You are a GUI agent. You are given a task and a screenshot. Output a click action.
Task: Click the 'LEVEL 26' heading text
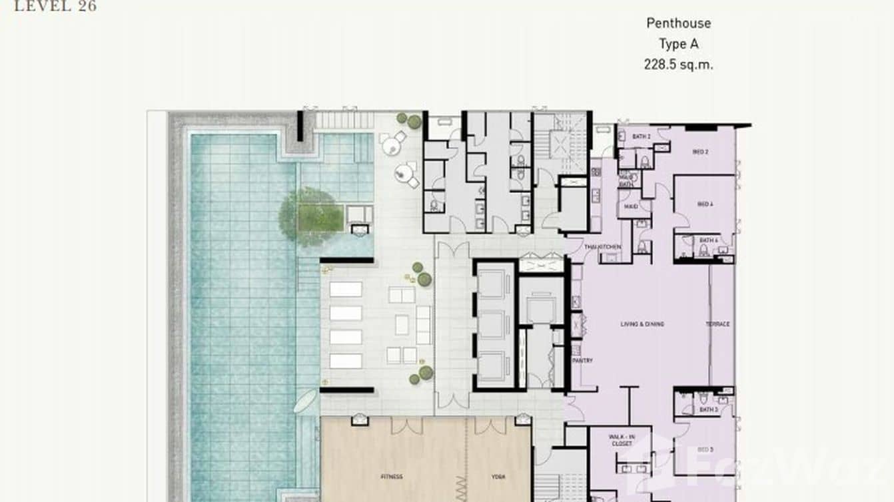point(55,7)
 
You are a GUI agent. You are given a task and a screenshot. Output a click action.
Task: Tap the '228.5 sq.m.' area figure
point(677,65)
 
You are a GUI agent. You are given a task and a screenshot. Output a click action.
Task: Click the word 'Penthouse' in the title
point(678,23)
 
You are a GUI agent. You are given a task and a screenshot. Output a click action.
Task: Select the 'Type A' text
point(677,44)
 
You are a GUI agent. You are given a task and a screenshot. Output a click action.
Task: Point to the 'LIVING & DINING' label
point(642,324)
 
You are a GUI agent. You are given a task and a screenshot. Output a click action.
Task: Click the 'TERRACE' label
point(717,324)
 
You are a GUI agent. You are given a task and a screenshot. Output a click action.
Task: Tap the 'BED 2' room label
point(700,152)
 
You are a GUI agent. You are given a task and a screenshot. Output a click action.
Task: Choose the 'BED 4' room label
point(704,204)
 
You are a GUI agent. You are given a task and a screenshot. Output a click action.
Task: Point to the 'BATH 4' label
point(708,240)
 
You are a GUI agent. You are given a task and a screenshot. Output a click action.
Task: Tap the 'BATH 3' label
point(708,410)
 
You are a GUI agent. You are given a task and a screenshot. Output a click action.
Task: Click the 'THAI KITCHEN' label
point(603,247)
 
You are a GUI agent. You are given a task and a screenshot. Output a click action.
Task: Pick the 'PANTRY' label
point(582,360)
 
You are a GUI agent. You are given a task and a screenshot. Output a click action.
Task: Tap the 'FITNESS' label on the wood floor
point(391,477)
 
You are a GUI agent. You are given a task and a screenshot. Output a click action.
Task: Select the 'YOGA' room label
point(498,477)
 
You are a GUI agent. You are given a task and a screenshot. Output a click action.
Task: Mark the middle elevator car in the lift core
point(494,324)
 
